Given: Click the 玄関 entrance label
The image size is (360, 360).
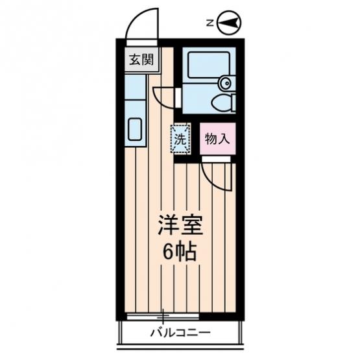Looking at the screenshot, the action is point(141,60).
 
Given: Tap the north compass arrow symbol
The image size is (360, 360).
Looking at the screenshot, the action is point(230,23).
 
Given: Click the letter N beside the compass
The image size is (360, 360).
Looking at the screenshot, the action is point(210,23).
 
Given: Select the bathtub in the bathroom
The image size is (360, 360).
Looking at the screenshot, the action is point(209,65).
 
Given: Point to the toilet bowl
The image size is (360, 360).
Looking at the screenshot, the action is point(222,102).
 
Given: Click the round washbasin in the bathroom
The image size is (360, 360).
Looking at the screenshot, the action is point(226,82).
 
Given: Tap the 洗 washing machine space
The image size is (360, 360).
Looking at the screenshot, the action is point(180,138).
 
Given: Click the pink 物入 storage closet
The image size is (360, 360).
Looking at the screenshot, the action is point(218,139).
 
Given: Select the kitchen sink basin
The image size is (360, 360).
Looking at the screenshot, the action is point(135,129).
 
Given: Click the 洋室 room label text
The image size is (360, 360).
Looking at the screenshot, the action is point(180,225).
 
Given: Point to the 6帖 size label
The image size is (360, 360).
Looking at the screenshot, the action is point(180,252).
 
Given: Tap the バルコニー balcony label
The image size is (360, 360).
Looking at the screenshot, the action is point(180,333).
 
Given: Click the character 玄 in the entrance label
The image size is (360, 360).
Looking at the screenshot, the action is point(135,60).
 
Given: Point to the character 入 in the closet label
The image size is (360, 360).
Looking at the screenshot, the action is point(224,139).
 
